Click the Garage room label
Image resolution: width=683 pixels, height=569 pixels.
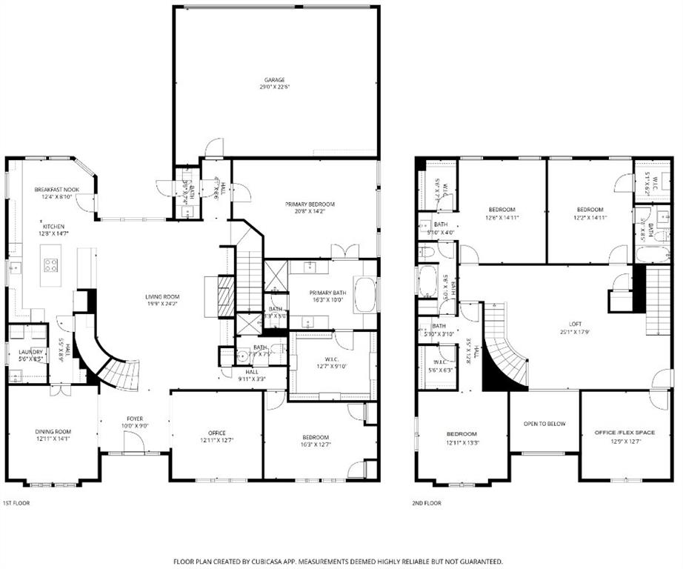pyautogui.click(x=275, y=80)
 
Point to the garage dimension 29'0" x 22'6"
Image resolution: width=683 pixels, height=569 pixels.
pyautogui.click(x=275, y=87)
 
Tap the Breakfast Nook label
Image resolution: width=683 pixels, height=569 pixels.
pyautogui.click(x=56, y=190)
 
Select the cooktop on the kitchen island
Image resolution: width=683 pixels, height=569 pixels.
pyautogui.click(x=51, y=264)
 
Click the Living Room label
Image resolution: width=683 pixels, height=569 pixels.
pyautogui.click(x=162, y=297)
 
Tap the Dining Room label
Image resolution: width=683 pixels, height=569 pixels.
pyautogui.click(x=53, y=432)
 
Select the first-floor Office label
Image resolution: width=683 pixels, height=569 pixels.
pyautogui.click(x=217, y=433)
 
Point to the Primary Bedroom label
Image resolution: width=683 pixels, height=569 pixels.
pyautogui.click(x=310, y=204)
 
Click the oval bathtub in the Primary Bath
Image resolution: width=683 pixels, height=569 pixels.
pyautogui.click(x=365, y=294)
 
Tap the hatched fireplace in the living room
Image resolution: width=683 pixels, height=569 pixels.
pyautogui.click(x=226, y=296)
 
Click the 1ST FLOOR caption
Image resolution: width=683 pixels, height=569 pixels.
pyautogui.click(x=17, y=503)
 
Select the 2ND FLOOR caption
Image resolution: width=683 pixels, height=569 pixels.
pyautogui.click(x=427, y=503)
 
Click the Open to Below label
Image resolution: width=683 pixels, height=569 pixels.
pyautogui.click(x=544, y=424)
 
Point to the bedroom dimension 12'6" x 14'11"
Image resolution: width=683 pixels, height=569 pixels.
pyautogui.click(x=502, y=218)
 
